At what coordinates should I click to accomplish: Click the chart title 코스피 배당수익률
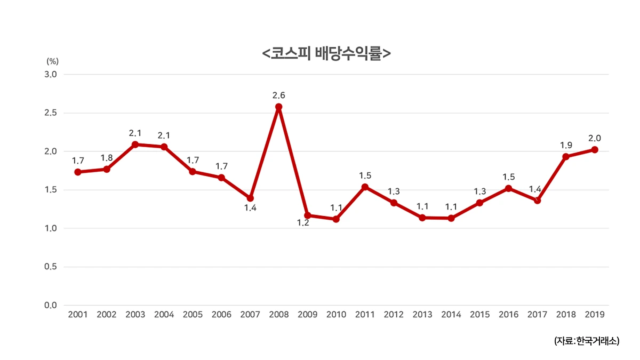[326, 54]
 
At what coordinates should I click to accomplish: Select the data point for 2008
[278, 107]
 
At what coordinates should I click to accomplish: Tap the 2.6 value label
[278, 95]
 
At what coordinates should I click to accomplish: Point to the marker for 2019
[594, 150]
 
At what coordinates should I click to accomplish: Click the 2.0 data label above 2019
[594, 138]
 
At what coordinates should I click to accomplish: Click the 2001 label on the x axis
[78, 315]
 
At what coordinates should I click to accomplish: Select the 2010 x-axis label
[336, 315]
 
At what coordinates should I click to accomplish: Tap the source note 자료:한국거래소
[587, 341]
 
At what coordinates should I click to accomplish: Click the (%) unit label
[52, 61]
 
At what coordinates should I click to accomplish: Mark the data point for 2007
[250, 198]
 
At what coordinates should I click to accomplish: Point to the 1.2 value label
[303, 223]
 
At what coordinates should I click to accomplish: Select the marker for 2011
[365, 187]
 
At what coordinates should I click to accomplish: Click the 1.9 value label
[566, 145]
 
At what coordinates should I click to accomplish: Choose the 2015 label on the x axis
[479, 315]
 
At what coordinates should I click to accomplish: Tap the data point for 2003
[135, 145]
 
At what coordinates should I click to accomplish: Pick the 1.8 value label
[107, 158]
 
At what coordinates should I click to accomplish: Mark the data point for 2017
[537, 201]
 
